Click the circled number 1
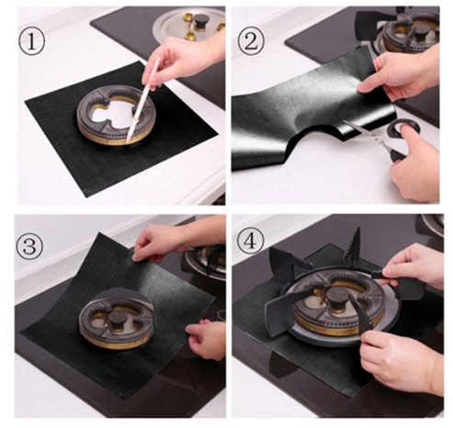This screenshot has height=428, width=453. point(32,40)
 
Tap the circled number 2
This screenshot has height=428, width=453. point(251,41)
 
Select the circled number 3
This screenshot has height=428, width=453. point(29,246)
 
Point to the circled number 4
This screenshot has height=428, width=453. point(251,241)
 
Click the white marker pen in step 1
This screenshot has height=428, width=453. point(142,100)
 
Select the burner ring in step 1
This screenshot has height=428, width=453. point(116,115)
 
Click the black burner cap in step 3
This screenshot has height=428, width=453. point(117,321)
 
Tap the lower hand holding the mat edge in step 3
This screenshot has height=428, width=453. point(206,338)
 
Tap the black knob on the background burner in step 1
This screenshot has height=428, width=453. point(201,22)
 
